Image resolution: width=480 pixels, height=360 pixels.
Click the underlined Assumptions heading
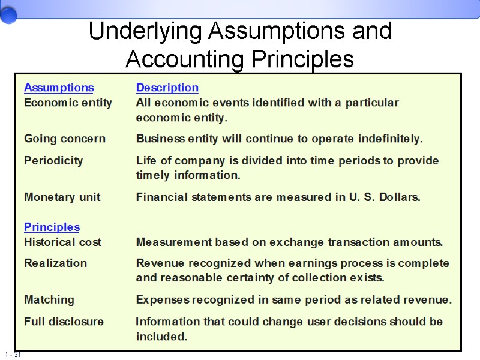pyautogui.click(x=59, y=88)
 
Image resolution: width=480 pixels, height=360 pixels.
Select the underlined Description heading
pyautogui.click(x=167, y=88)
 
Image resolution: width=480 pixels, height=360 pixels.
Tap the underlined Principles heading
pyautogui.click(x=52, y=227)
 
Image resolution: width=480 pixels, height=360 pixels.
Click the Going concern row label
pyautogui.click(x=64, y=139)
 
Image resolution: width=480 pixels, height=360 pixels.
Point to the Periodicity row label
pyautogui.click(x=53, y=160)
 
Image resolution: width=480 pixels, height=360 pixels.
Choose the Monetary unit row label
pyautogui.click(x=62, y=197)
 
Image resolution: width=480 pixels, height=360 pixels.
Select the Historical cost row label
pyautogui.click(x=62, y=242)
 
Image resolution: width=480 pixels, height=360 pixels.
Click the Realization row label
pyautogui.click(x=55, y=263)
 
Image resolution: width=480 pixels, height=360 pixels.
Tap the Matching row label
pyautogui.click(x=49, y=299)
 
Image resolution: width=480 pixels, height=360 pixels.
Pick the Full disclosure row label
pyautogui.click(x=64, y=321)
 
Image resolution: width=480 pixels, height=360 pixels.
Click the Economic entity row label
pyautogui.click(x=68, y=103)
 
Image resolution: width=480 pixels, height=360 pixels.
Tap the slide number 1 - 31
pyautogui.click(x=11, y=355)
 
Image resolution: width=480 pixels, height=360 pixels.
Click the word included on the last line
pyautogui.click(x=161, y=337)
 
